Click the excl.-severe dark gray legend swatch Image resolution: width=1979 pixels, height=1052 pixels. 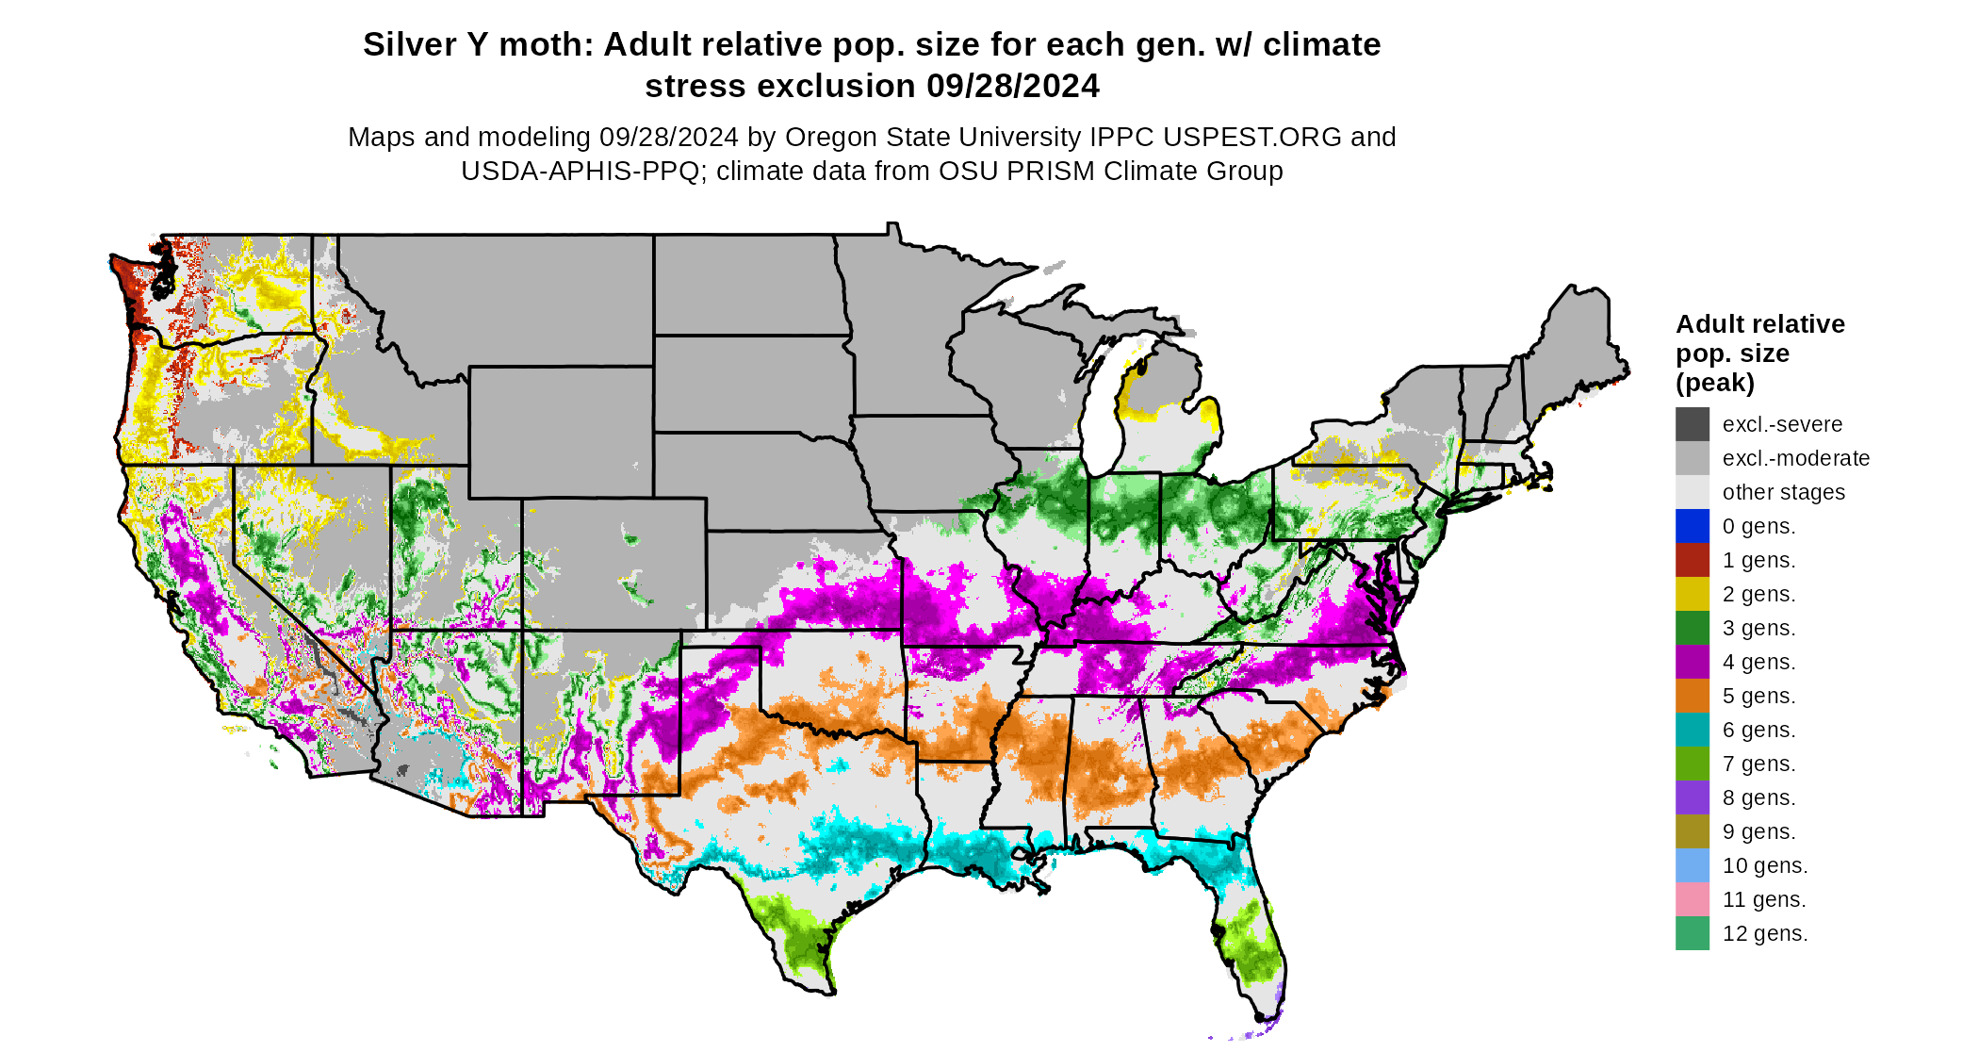tap(1692, 424)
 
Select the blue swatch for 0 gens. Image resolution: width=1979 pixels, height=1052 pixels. tap(1692, 526)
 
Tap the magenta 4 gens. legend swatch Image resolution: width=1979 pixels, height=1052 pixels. tap(1692, 662)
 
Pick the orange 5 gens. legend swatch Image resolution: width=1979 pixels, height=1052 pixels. tap(1692, 696)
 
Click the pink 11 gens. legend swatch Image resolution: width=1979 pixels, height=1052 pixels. tap(1692, 899)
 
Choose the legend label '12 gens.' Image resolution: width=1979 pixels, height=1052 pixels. tap(1764, 933)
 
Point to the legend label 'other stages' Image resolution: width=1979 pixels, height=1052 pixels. tap(1783, 492)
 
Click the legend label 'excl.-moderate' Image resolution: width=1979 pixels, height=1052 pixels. tap(1795, 458)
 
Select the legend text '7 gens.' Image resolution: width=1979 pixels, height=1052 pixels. tap(1758, 764)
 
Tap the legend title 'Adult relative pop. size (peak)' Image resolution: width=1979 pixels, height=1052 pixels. tap(1759, 353)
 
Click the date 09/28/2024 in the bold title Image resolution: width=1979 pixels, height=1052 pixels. tap(1012, 86)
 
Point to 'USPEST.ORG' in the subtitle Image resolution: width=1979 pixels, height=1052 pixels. tap(1251, 137)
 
